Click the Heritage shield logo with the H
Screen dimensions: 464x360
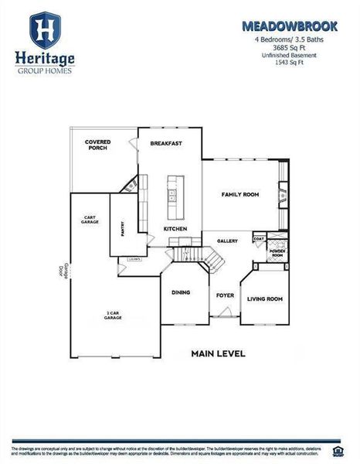coord(46,29)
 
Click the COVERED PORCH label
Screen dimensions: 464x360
coord(97,145)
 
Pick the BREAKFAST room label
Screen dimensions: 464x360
coord(166,143)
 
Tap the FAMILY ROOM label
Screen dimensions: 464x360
coord(239,194)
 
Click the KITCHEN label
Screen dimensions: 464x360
coord(174,229)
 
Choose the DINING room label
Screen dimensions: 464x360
coord(180,292)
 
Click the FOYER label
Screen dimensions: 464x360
coord(224,295)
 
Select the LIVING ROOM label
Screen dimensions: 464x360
coord(264,299)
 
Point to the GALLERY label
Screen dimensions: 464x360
coord(226,241)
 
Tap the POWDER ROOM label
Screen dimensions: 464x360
coord(277,254)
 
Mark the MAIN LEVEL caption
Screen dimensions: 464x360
coord(218,353)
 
